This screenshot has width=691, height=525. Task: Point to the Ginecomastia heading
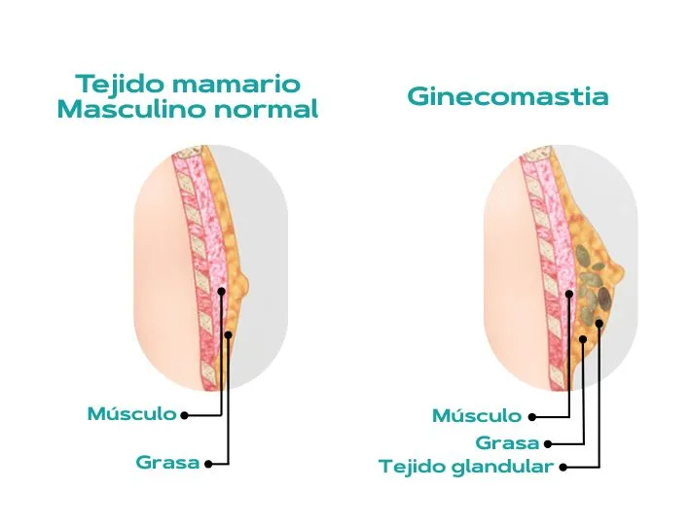[507, 97]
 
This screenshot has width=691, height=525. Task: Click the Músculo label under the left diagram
[132, 414]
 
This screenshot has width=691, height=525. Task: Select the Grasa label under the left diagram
[167, 463]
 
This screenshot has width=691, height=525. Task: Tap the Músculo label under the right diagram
[477, 416]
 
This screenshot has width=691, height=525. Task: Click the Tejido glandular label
[466, 467]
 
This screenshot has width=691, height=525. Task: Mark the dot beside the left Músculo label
[185, 415]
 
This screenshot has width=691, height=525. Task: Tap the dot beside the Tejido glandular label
[563, 467]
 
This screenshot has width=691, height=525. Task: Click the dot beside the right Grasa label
[547, 443]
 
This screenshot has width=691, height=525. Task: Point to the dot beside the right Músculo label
[531, 417]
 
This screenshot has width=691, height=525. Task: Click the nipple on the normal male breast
[244, 285]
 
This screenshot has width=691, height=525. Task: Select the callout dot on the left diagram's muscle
[222, 291]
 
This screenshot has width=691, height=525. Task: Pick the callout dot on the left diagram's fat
[228, 334]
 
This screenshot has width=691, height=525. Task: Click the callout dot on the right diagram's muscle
[568, 293]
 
